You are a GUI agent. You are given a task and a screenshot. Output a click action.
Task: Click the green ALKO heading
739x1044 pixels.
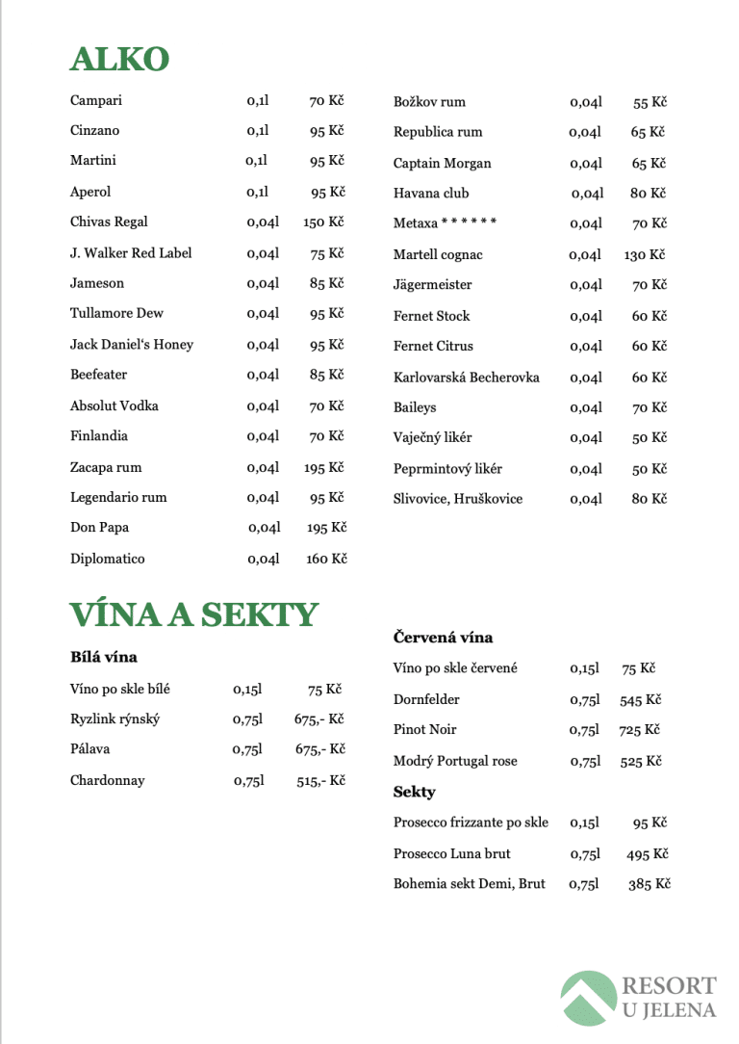pos(119,59)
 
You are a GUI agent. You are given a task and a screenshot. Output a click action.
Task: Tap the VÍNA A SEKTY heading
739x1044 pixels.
pos(193,614)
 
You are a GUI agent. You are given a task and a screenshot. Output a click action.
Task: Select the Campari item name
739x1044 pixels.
pos(96,100)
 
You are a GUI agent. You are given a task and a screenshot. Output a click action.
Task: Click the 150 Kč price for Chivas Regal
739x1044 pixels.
pos(323,222)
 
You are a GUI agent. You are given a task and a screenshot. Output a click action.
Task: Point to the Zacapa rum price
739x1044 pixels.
pos(323,468)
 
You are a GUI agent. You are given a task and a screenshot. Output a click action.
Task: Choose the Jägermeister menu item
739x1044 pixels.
pos(432,285)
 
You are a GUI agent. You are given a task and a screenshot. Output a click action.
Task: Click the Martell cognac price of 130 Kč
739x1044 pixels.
pos(644,255)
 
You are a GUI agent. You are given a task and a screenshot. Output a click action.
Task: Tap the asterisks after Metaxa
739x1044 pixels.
pos(469,223)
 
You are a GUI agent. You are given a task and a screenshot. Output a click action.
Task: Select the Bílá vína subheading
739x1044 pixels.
pos(104,657)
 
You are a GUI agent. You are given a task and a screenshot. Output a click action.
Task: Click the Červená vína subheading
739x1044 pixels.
pos(443,638)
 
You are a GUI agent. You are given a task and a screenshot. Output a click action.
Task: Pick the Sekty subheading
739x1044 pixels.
pos(414,792)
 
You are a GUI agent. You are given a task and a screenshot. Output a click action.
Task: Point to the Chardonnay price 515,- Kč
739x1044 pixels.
pos(320,781)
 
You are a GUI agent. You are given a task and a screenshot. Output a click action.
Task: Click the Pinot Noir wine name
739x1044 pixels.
pos(424,730)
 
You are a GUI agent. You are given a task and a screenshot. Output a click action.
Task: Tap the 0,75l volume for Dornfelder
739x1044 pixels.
pos(584,700)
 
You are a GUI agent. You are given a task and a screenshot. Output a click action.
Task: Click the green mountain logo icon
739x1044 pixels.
pos(588,998)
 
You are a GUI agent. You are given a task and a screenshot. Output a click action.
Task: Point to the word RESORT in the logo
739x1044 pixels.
pos(669,986)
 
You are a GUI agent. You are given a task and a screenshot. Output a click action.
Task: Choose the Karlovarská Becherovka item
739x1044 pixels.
pos(466,378)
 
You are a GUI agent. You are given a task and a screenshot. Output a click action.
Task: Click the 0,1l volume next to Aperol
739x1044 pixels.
pos(257,193)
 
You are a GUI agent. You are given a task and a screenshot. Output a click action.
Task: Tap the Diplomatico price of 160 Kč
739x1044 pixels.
pos(326,560)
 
